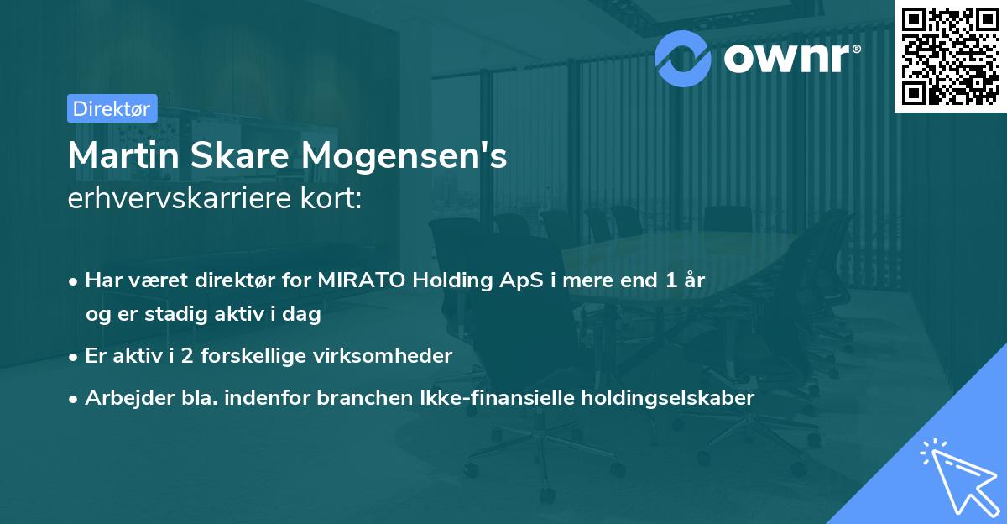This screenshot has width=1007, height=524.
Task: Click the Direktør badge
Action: click(112, 108)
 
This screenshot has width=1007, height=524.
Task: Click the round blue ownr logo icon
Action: click(683, 57)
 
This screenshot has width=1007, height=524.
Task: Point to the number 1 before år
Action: click(671, 281)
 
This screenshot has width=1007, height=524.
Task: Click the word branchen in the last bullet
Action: click(353, 398)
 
